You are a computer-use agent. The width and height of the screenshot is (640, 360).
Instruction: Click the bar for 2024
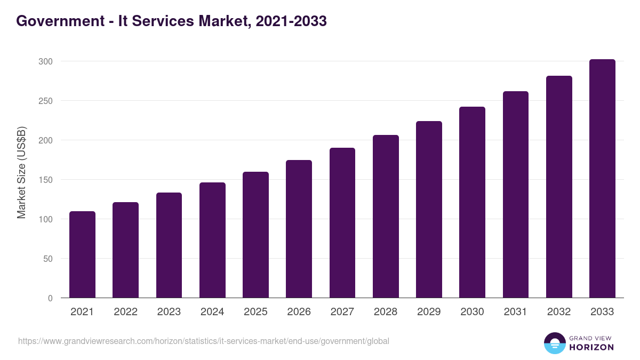coord(212,240)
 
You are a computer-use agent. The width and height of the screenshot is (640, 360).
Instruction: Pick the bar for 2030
coord(472,202)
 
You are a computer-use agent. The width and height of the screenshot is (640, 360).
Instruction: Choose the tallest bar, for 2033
coord(602,179)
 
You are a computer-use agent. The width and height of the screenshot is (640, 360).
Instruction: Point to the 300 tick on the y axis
coord(46,61)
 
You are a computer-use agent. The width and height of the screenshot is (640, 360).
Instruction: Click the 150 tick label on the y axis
coord(46,180)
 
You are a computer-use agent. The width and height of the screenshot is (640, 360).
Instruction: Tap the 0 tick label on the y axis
coord(50,298)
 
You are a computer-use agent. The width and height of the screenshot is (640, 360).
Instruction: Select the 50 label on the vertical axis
coord(48,259)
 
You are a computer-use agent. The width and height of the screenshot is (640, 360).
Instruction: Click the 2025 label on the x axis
coord(255,312)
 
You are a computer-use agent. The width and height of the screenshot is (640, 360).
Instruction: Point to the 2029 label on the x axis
coord(429,312)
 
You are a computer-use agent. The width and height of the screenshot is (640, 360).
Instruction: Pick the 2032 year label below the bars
coord(559,312)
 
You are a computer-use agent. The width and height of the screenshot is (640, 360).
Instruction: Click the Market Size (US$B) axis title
coord(21,172)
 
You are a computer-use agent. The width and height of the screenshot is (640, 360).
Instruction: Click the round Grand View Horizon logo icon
coord(554,343)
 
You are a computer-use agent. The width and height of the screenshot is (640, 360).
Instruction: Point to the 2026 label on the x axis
coord(299,312)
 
